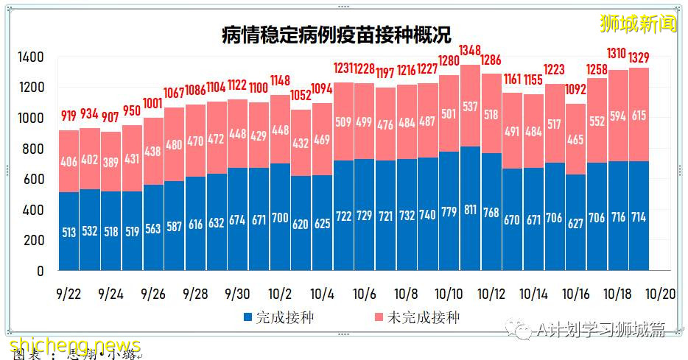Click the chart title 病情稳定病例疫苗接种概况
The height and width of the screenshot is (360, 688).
pyautogui.click(x=336, y=34)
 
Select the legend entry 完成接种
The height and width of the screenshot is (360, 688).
pyautogui.click(x=279, y=318)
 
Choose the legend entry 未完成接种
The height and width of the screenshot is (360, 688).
pyautogui.click(x=415, y=318)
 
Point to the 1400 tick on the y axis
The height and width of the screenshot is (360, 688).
pyautogui.click(x=30, y=57)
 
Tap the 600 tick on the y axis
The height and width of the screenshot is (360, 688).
pyautogui.click(x=34, y=180)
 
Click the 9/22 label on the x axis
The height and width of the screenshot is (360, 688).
pyautogui.click(x=69, y=294)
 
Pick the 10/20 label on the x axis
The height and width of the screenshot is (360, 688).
pyautogui.click(x=660, y=294)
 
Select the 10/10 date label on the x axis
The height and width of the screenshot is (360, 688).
pyautogui.click(x=449, y=294)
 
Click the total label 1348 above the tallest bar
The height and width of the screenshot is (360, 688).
pyautogui.click(x=470, y=51)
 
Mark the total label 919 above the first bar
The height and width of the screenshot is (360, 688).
pyautogui.click(x=69, y=116)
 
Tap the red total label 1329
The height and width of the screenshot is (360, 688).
pyautogui.click(x=639, y=56)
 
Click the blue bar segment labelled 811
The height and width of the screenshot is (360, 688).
pyautogui.click(x=470, y=209)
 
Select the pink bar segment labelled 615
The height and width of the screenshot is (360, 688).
pyautogui.click(x=639, y=114)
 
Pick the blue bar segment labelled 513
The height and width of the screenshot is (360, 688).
pyautogui.click(x=69, y=232)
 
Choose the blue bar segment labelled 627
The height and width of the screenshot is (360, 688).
pyautogui.click(x=576, y=223)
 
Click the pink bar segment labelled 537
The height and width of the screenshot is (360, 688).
pyautogui.click(x=470, y=105)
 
